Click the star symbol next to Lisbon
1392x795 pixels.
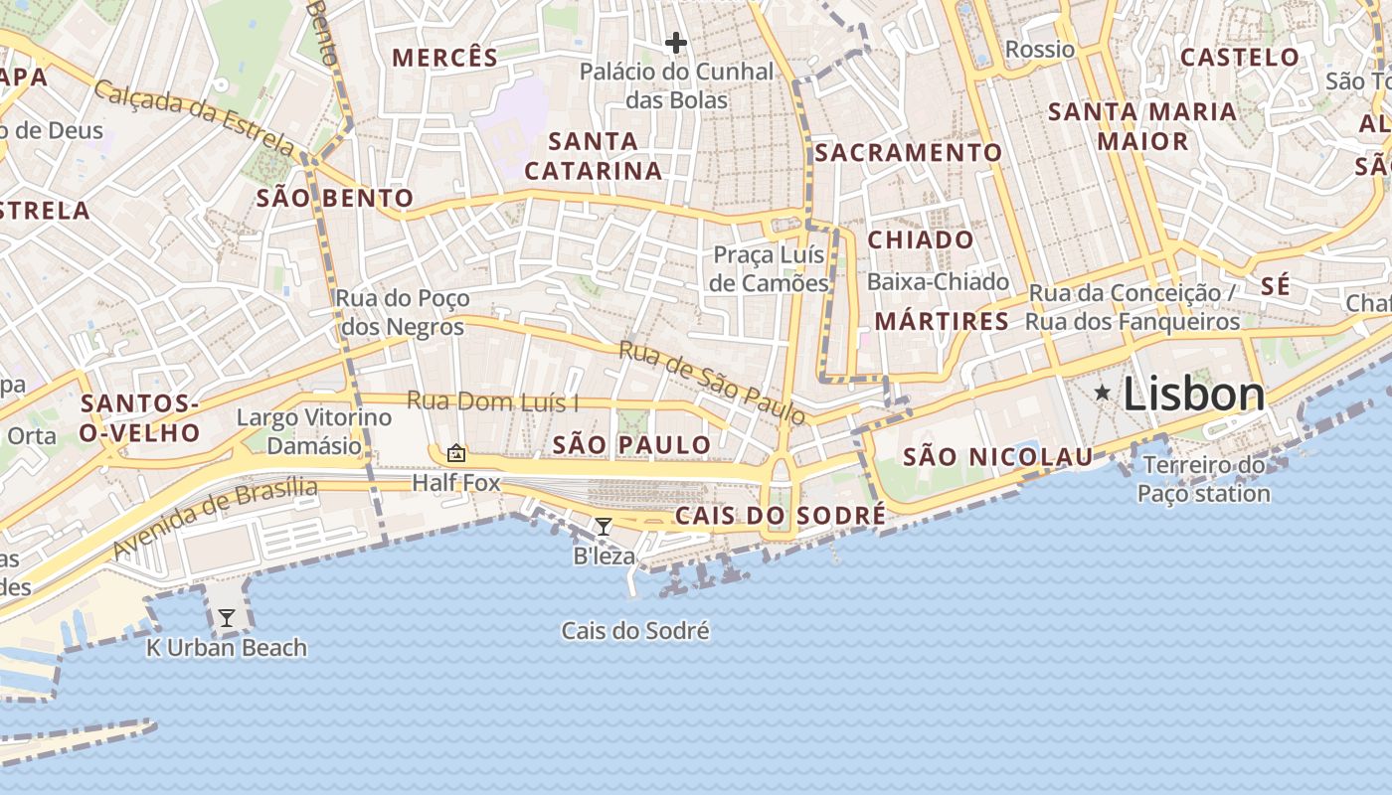[x=1102, y=394]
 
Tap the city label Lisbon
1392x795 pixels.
[x=1194, y=395]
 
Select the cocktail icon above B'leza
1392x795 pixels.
[x=603, y=527]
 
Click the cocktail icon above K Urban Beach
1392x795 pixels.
[x=227, y=618]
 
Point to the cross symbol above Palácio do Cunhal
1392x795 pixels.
[x=676, y=43]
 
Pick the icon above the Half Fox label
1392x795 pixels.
[x=456, y=453]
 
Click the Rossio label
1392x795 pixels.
[x=1040, y=50]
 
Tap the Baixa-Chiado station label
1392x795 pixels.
[x=938, y=282]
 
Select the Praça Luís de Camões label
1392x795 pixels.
[x=771, y=269]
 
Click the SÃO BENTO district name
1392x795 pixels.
[x=335, y=198]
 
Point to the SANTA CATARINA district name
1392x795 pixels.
[x=594, y=156]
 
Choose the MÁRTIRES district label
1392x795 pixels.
[x=942, y=321]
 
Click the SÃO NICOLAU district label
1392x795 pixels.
[x=997, y=457]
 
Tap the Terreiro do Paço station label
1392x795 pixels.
[x=1203, y=479]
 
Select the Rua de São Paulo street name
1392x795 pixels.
[x=712, y=382]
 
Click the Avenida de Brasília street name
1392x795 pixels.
[x=215, y=517]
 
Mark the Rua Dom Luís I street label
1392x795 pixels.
[x=493, y=402]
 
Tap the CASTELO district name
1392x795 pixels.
[x=1240, y=58]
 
